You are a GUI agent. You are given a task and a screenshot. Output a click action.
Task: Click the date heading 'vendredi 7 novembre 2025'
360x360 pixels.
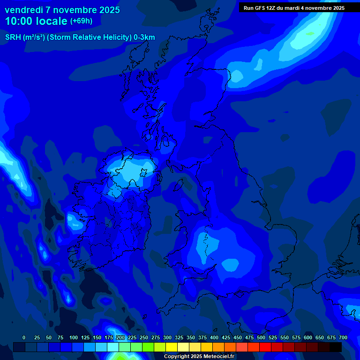(62, 10)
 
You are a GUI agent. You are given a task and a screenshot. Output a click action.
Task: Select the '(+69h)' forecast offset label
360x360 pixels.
(81, 21)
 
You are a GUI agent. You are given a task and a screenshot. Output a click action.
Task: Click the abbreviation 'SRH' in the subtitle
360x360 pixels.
(13, 37)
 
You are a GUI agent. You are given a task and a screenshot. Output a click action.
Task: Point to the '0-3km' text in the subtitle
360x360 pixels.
(144, 37)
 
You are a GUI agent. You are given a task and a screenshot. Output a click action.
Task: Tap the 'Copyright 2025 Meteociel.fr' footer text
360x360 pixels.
(199, 356)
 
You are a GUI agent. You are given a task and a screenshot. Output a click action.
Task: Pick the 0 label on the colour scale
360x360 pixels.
(24, 337)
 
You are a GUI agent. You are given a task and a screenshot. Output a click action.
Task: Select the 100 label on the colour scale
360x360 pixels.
(74, 337)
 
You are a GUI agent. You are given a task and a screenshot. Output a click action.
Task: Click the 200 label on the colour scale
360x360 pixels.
(120, 337)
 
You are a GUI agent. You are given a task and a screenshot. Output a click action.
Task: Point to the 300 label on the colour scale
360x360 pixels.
(167, 337)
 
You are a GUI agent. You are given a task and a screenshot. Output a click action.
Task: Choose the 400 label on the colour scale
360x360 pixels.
(214, 337)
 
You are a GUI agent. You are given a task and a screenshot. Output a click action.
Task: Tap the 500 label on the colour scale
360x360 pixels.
(261, 337)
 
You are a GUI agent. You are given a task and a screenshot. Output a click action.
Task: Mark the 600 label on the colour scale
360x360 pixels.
(308, 337)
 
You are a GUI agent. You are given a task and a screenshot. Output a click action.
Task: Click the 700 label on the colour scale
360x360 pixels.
(343, 337)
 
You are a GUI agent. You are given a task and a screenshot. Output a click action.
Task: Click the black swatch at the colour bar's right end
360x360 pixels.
(336, 347)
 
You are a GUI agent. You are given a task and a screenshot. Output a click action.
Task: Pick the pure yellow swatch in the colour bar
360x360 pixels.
(172, 347)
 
